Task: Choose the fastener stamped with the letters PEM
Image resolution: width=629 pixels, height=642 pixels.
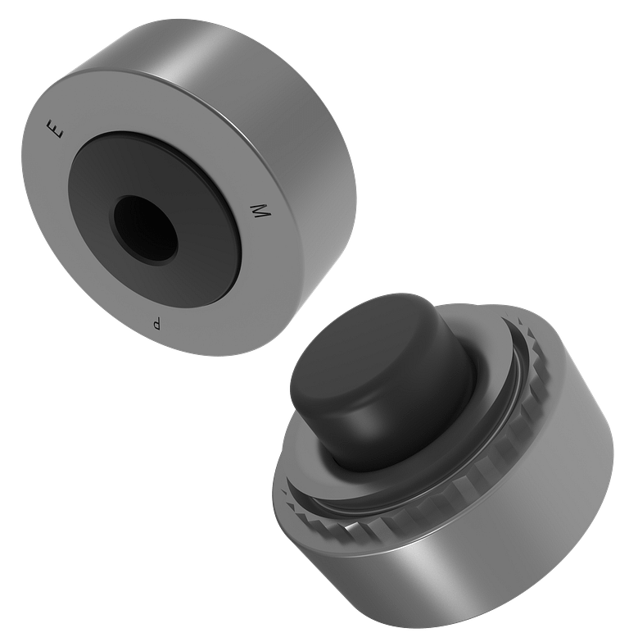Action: [188, 189]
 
